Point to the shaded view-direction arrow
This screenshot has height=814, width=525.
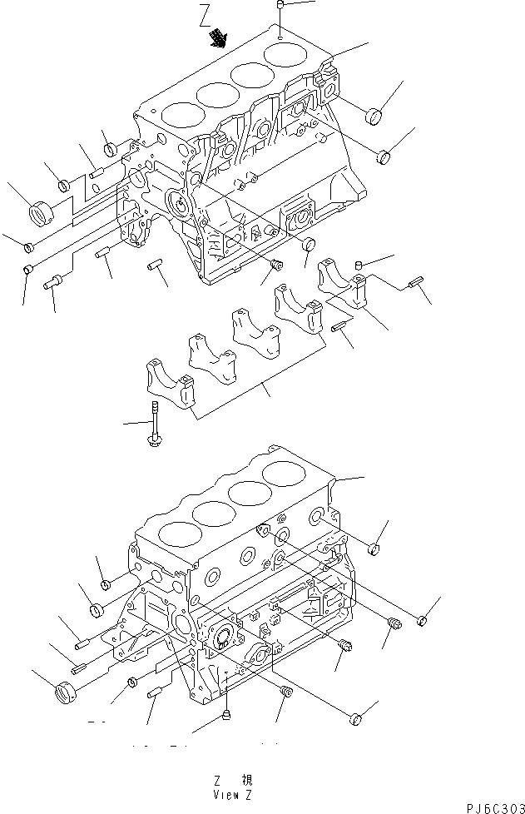219,36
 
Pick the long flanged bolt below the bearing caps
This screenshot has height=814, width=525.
155,427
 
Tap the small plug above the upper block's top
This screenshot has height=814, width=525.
280,8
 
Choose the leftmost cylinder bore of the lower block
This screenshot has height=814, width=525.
177,533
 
